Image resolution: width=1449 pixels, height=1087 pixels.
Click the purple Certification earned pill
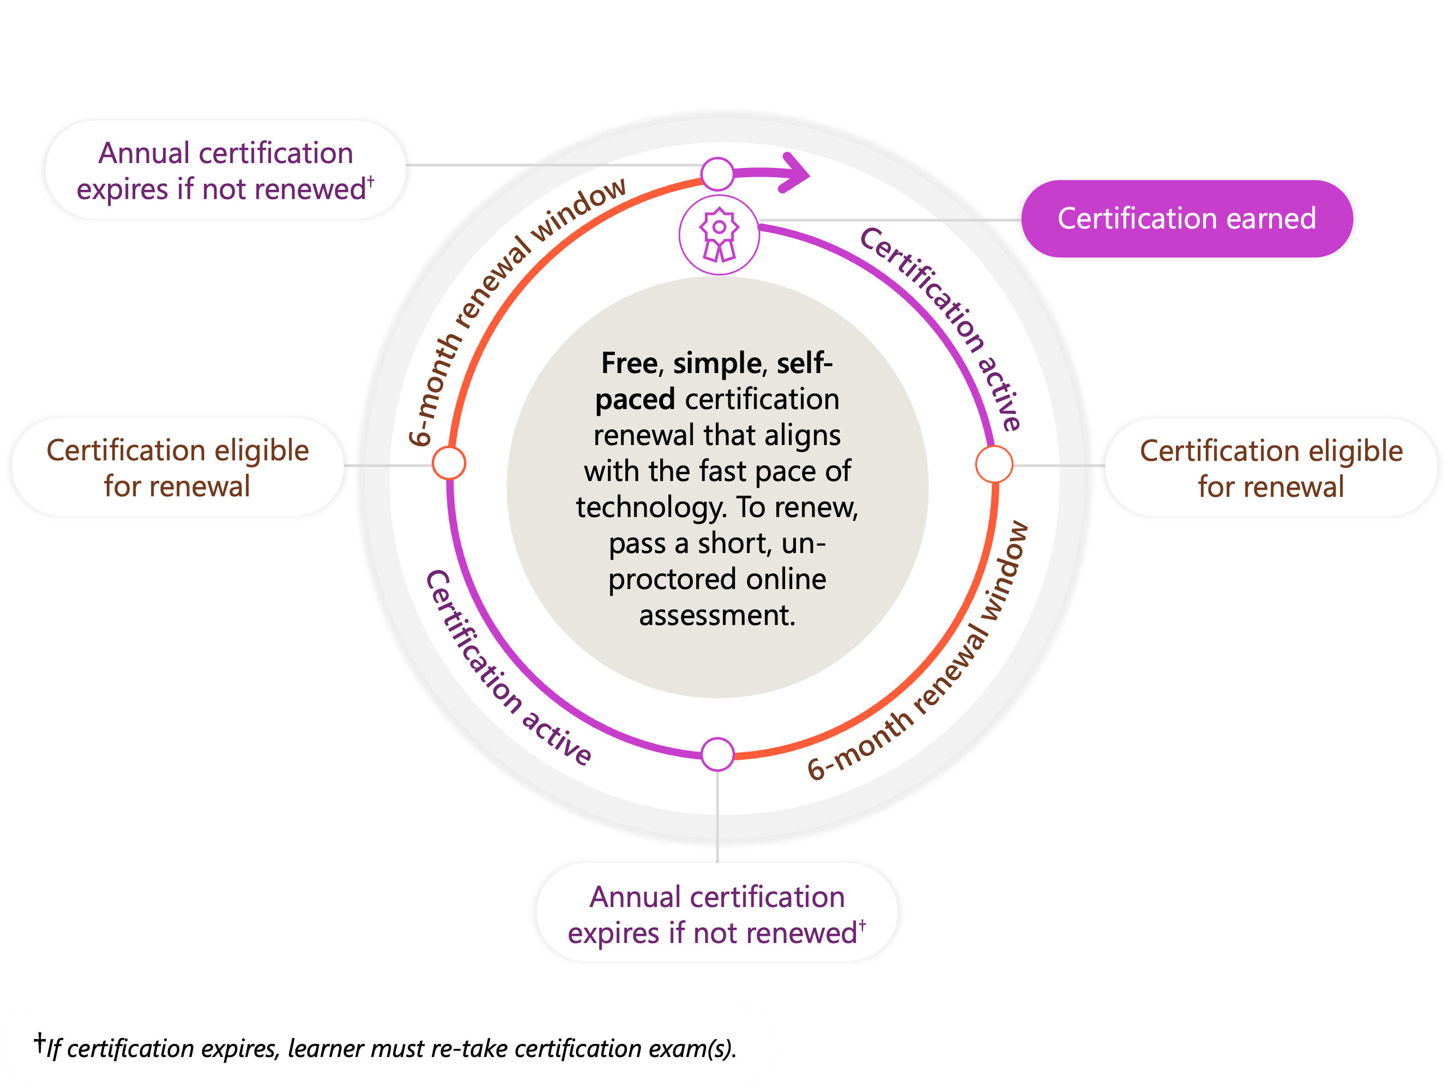coord(1186,219)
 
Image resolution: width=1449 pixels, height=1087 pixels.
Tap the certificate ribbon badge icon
coord(719,235)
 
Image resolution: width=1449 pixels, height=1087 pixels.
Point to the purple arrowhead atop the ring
coord(796,173)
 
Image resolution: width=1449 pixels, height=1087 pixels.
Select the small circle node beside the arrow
coord(717,173)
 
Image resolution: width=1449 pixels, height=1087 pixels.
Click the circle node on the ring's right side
coord(994,464)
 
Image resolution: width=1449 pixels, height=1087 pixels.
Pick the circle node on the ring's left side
coord(449,463)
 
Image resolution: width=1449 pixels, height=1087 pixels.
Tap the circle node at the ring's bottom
coord(717,754)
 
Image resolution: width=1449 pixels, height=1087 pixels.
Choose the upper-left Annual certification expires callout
coord(225,170)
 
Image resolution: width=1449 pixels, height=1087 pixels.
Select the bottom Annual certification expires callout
coord(717,914)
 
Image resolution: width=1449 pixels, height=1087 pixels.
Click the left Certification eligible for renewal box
coord(177,468)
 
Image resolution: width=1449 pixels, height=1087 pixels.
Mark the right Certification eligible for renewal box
coord(1271,468)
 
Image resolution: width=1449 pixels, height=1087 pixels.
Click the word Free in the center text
coord(629,363)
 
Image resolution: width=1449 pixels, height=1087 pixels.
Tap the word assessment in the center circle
coord(717,615)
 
